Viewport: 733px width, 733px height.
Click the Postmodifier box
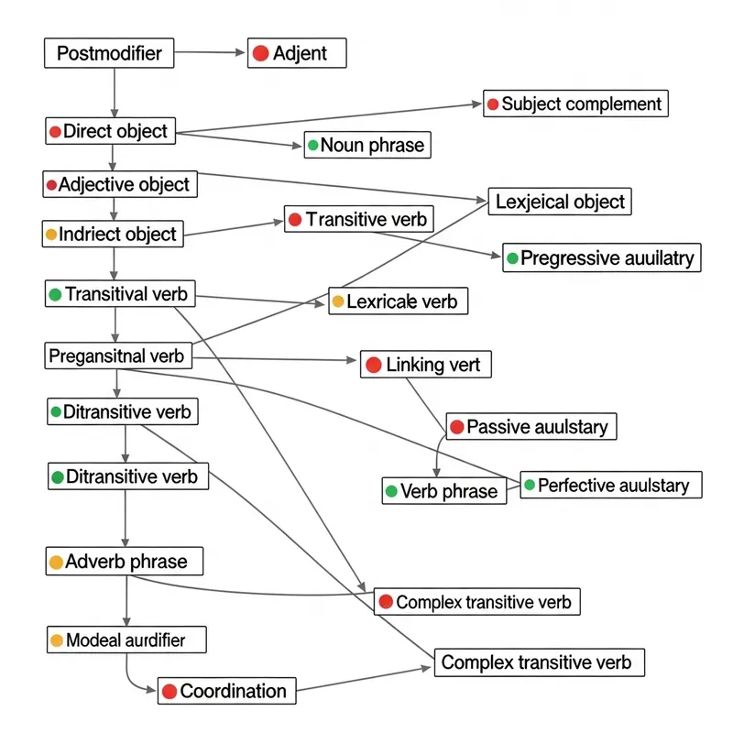pyautogui.click(x=108, y=53)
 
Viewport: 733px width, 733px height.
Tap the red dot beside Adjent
pyautogui.click(x=260, y=53)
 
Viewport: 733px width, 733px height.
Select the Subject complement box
pyautogui.click(x=575, y=104)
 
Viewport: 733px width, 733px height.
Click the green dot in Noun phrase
pyautogui.click(x=313, y=145)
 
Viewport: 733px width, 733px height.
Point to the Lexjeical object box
pyautogui.click(x=559, y=202)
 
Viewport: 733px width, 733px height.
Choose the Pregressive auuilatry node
pyautogui.click(x=602, y=258)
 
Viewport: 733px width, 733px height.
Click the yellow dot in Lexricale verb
pyautogui.click(x=338, y=301)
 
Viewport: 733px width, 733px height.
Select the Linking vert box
pyautogui.click(x=426, y=365)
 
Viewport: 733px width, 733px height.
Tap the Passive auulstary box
pyautogui.click(x=531, y=426)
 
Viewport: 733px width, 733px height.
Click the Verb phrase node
pyautogui.click(x=443, y=491)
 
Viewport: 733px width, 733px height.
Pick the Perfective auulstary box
pyautogui.click(x=611, y=485)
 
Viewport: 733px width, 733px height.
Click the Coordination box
pyautogui.click(x=228, y=691)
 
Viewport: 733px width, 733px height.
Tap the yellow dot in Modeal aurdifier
pyautogui.click(x=57, y=640)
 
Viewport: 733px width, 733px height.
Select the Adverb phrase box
pyautogui.click(x=124, y=562)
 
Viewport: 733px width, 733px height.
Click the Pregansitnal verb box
pyautogui.click(x=118, y=355)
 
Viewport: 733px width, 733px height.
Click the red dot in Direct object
pyautogui.click(x=55, y=132)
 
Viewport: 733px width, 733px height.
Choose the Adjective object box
pyautogui.click(x=120, y=184)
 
